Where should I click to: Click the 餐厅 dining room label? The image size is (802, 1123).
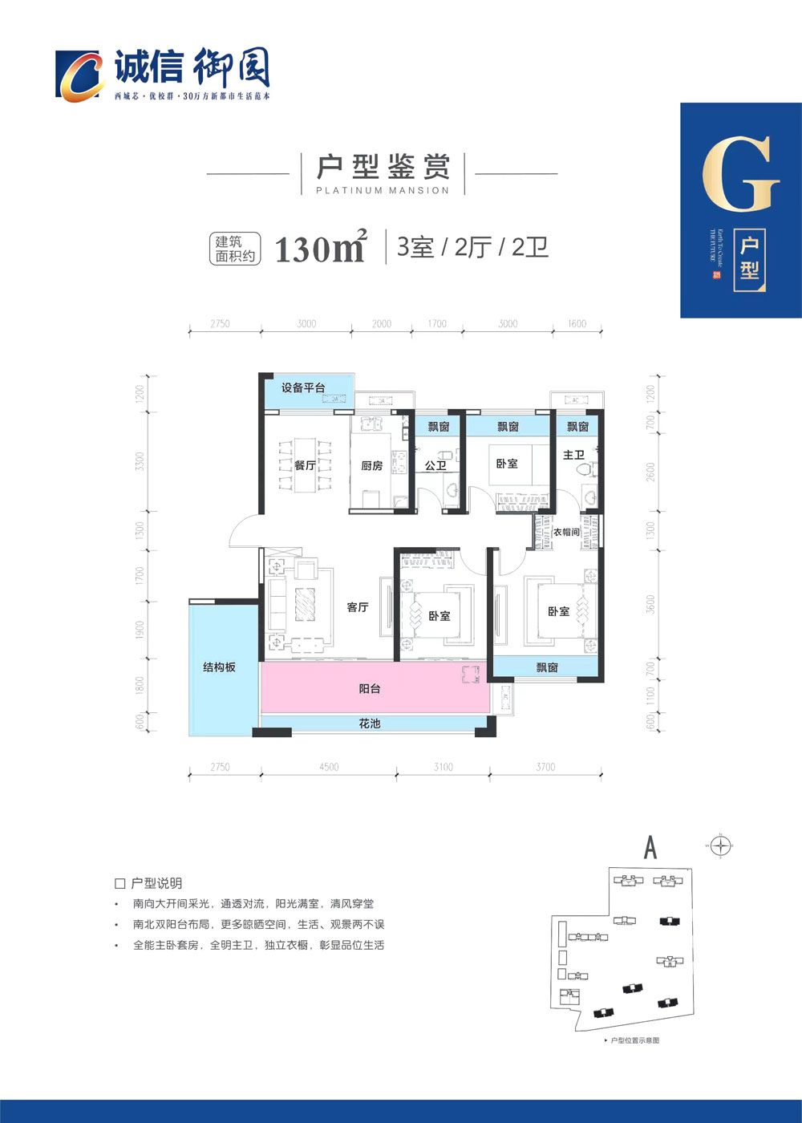tap(305, 465)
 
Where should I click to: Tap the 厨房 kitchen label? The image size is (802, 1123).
tap(371, 465)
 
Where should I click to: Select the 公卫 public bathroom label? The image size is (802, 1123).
tap(435, 465)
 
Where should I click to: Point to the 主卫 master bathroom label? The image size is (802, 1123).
tap(573, 455)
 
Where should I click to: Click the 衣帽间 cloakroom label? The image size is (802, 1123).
tap(566, 532)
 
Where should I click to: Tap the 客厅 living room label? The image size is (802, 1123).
tap(358, 607)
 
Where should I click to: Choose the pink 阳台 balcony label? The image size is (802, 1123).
tap(369, 688)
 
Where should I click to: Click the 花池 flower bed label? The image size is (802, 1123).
tap(369, 724)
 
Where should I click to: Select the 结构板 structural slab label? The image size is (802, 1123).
tap(219, 667)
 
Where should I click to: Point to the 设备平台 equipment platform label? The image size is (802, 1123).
tap(303, 388)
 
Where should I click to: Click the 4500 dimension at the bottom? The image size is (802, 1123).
tap(329, 767)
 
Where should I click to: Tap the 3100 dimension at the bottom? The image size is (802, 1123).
tap(444, 767)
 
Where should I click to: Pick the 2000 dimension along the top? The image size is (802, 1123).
tap(382, 324)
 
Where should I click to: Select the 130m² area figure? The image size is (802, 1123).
tap(320, 249)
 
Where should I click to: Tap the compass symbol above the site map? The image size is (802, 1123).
tap(722, 845)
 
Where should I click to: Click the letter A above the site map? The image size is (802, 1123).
tap(650, 847)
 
